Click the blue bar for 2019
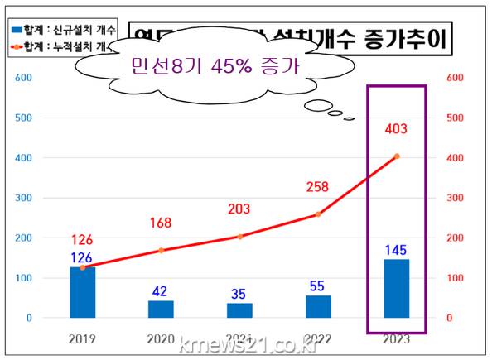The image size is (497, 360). [x=82, y=292]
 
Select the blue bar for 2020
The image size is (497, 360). [x=161, y=309]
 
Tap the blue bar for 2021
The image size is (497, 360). [x=239, y=310]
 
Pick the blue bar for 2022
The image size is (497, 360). [x=318, y=306]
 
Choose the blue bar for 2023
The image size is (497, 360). [x=396, y=288]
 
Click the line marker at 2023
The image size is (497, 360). [x=397, y=156]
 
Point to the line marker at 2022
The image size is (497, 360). [x=319, y=214]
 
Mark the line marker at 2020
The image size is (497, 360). [x=162, y=250]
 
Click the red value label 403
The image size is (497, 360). [x=396, y=129]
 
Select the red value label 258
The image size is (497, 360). [x=319, y=189]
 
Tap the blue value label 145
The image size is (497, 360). [x=396, y=248]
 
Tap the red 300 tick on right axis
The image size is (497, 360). [x=456, y=198]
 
